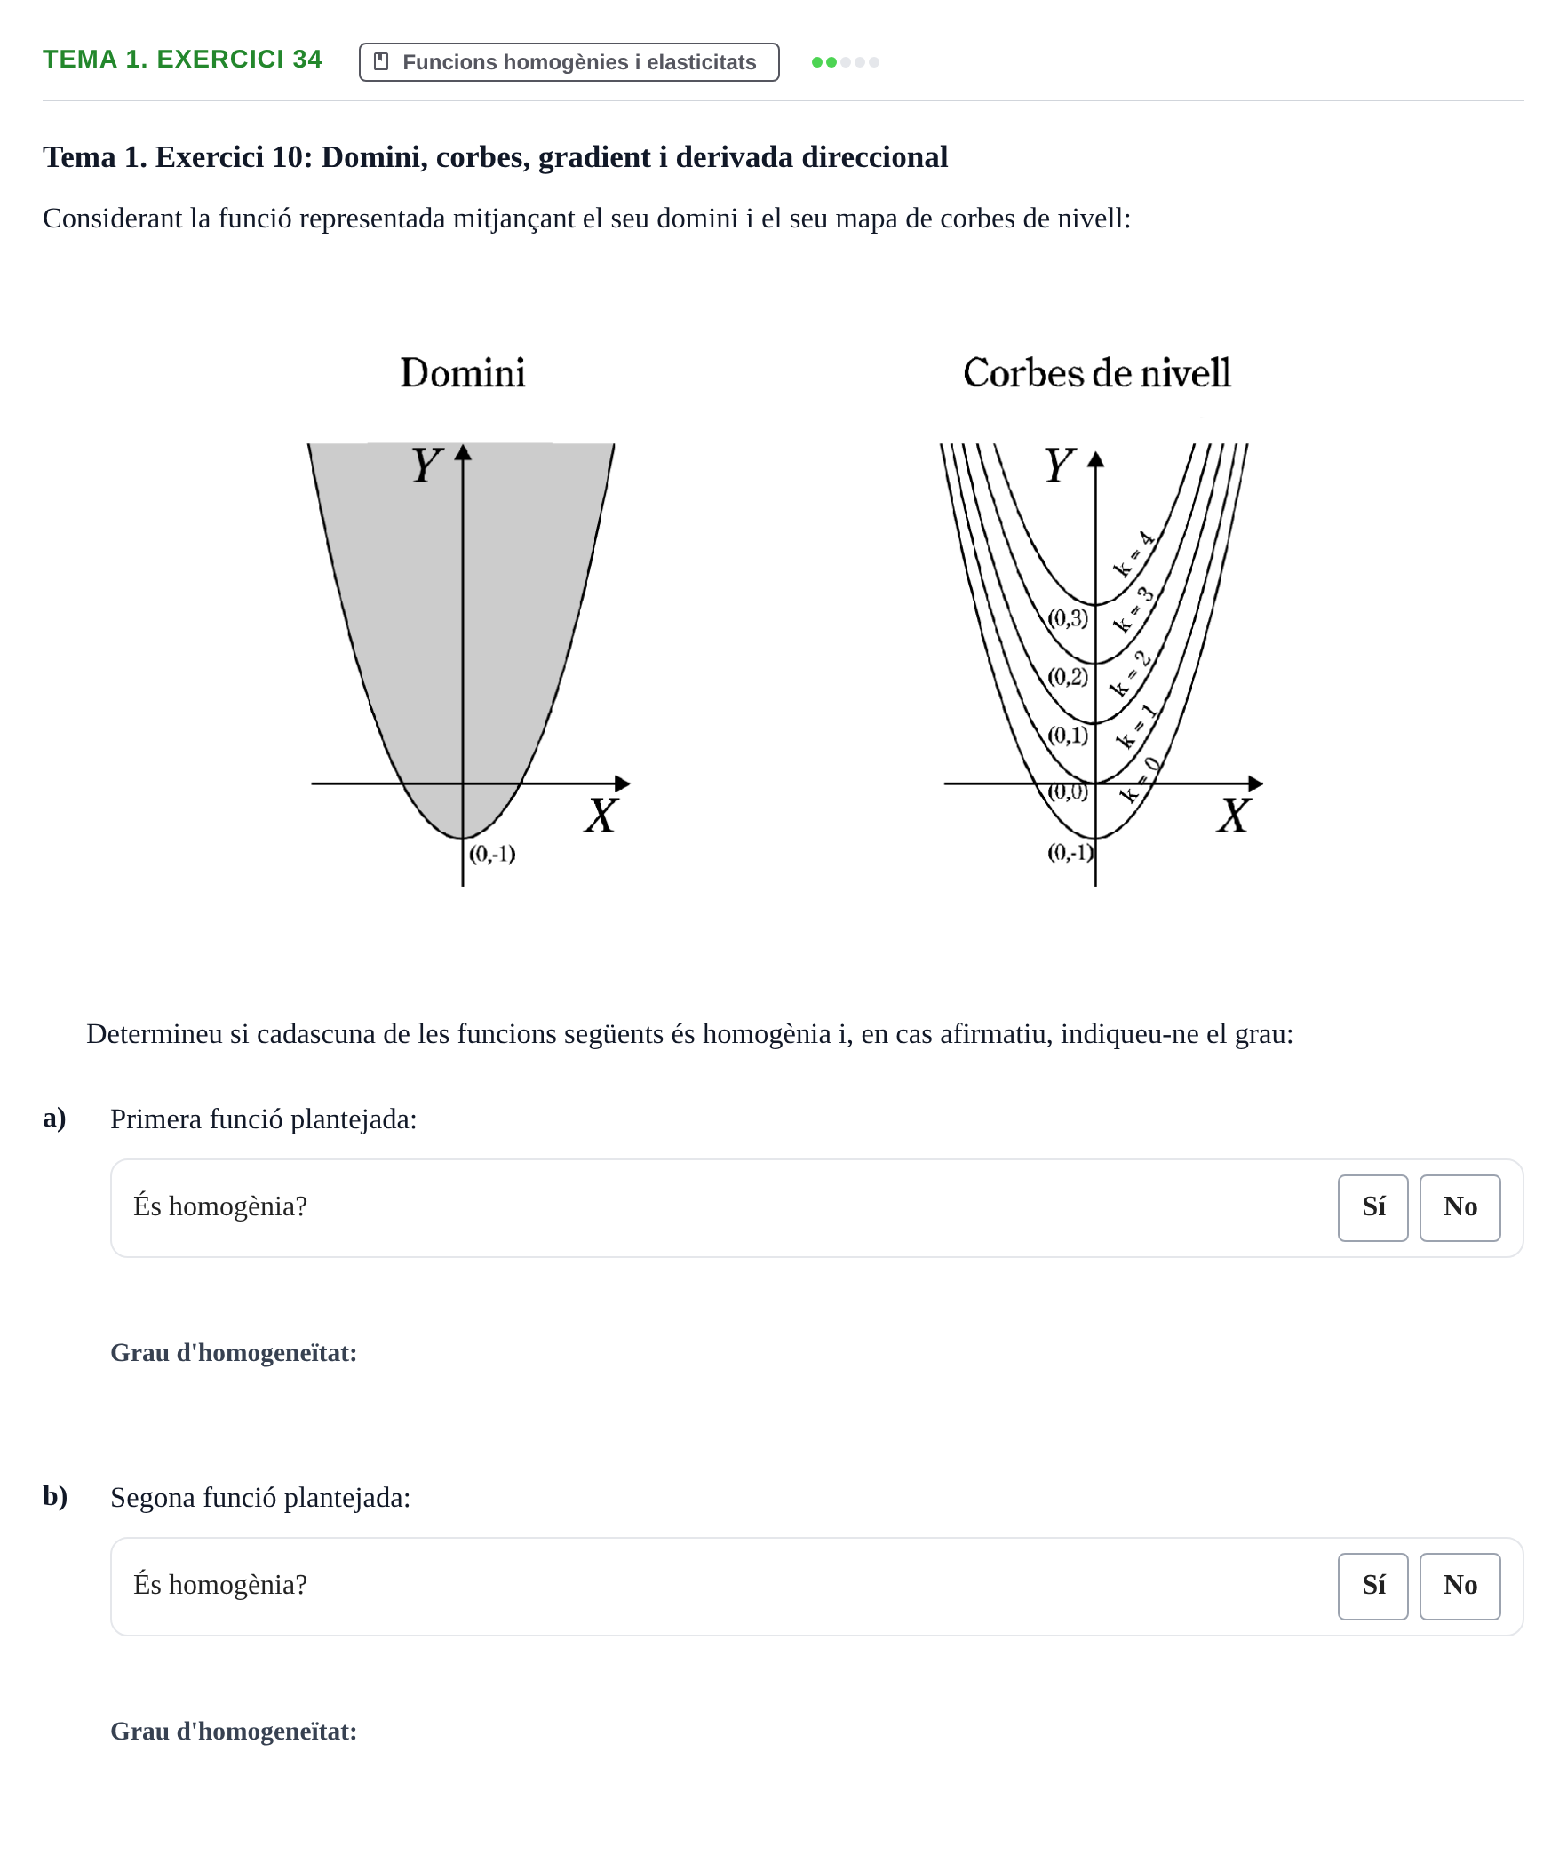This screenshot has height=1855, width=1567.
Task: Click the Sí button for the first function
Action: coord(1372,1207)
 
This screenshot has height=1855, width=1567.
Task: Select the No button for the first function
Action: coord(1460,1207)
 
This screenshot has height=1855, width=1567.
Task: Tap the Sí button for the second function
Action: coord(1372,1586)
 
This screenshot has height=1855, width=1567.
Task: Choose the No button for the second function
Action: coord(1460,1586)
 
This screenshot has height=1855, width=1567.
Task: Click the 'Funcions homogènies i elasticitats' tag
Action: coord(569,62)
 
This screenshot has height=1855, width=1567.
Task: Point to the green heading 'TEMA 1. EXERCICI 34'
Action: coord(182,60)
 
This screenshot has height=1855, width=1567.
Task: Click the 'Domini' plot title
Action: coord(463,373)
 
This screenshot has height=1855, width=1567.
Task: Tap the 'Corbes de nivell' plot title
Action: coord(1097,373)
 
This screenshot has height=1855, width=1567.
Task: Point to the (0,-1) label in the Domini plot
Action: coord(492,854)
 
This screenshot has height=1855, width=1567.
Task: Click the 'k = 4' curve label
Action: coord(1133,554)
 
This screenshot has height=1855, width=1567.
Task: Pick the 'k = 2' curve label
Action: coord(1131,673)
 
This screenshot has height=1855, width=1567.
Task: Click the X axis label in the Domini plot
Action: coord(601,815)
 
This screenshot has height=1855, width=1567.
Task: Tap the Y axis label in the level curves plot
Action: coord(1059,466)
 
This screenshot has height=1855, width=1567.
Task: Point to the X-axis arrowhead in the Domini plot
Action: coord(623,784)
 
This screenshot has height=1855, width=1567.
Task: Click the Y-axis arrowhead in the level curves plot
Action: coord(1095,459)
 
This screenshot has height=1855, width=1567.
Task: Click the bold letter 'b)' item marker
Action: coord(55,1496)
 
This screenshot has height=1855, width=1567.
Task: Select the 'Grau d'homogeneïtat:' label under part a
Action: coord(234,1352)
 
